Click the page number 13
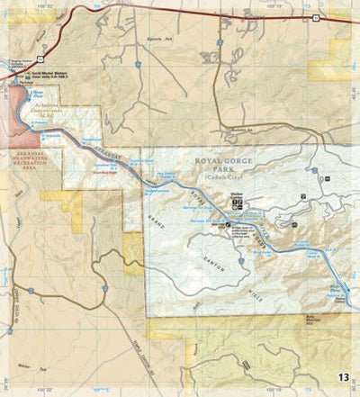click(x=345, y=376)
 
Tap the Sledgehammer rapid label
click(x=157, y=188)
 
